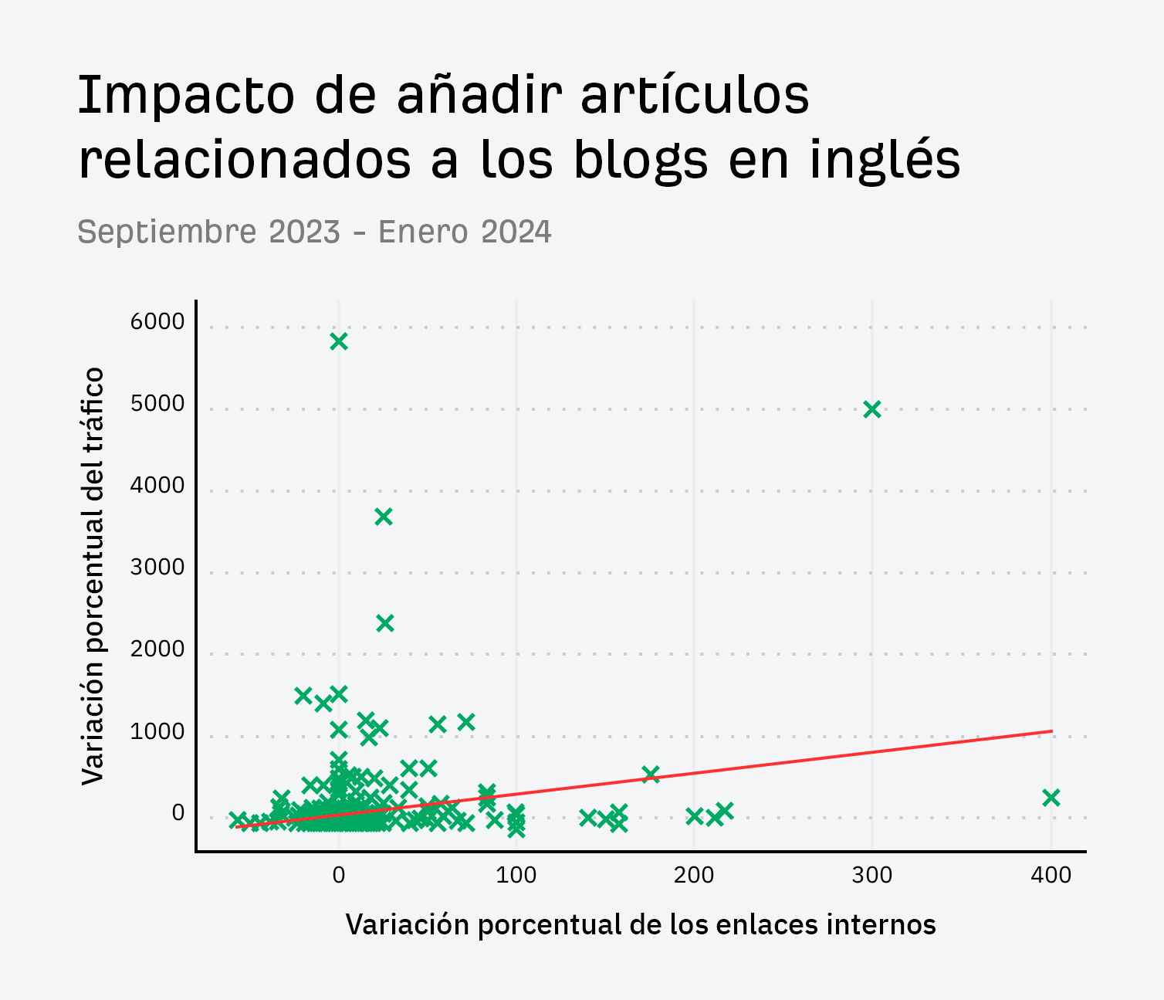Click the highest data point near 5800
339,341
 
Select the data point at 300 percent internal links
872,409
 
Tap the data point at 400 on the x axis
1051,798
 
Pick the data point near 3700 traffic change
384,517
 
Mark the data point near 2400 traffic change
385,622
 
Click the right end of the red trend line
1051,731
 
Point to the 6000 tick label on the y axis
157,322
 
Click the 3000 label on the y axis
157,568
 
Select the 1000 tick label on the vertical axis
157,731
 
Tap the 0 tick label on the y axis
178,813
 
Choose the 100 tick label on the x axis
516,876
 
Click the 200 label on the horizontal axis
694,876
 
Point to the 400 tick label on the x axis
1051,876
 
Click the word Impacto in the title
186,96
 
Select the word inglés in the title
885,160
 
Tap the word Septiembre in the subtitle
167,232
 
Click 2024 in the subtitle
516,232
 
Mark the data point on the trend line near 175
651,774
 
